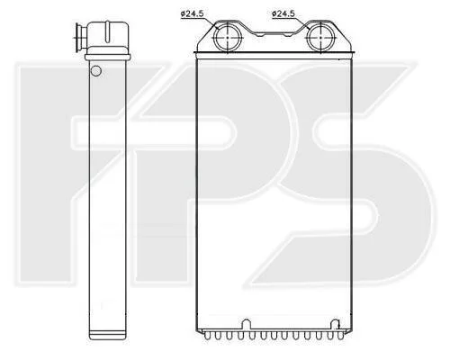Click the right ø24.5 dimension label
point(283,13)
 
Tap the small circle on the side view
point(96,71)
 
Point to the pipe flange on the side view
point(78,38)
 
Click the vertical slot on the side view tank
point(107,31)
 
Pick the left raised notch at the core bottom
point(246,325)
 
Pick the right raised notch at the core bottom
point(335,325)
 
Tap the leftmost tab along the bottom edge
point(207,336)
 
